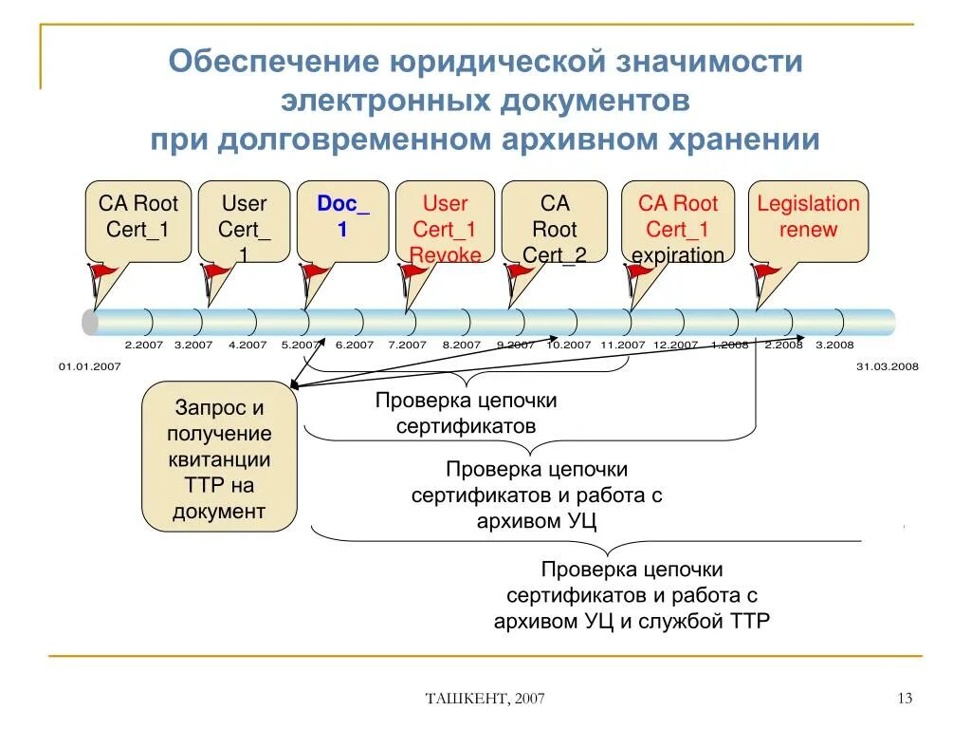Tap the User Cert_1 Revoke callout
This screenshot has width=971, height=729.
click(x=445, y=220)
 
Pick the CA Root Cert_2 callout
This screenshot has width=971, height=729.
click(x=555, y=220)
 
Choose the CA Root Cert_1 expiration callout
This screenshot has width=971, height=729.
click(x=677, y=220)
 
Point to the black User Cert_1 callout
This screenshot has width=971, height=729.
click(x=244, y=220)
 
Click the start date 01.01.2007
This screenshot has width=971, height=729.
click(x=89, y=365)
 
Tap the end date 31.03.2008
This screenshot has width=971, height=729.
click(x=887, y=365)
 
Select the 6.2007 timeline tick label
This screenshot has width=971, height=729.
click(x=355, y=346)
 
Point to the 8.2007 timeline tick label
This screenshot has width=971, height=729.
click(x=462, y=346)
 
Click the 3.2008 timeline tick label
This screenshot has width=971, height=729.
click(x=834, y=346)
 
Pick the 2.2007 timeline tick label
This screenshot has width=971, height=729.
click(x=144, y=346)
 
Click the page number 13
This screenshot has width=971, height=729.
click(x=904, y=699)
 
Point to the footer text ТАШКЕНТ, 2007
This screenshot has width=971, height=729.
click(x=485, y=700)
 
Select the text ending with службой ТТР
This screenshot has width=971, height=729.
click(x=632, y=595)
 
